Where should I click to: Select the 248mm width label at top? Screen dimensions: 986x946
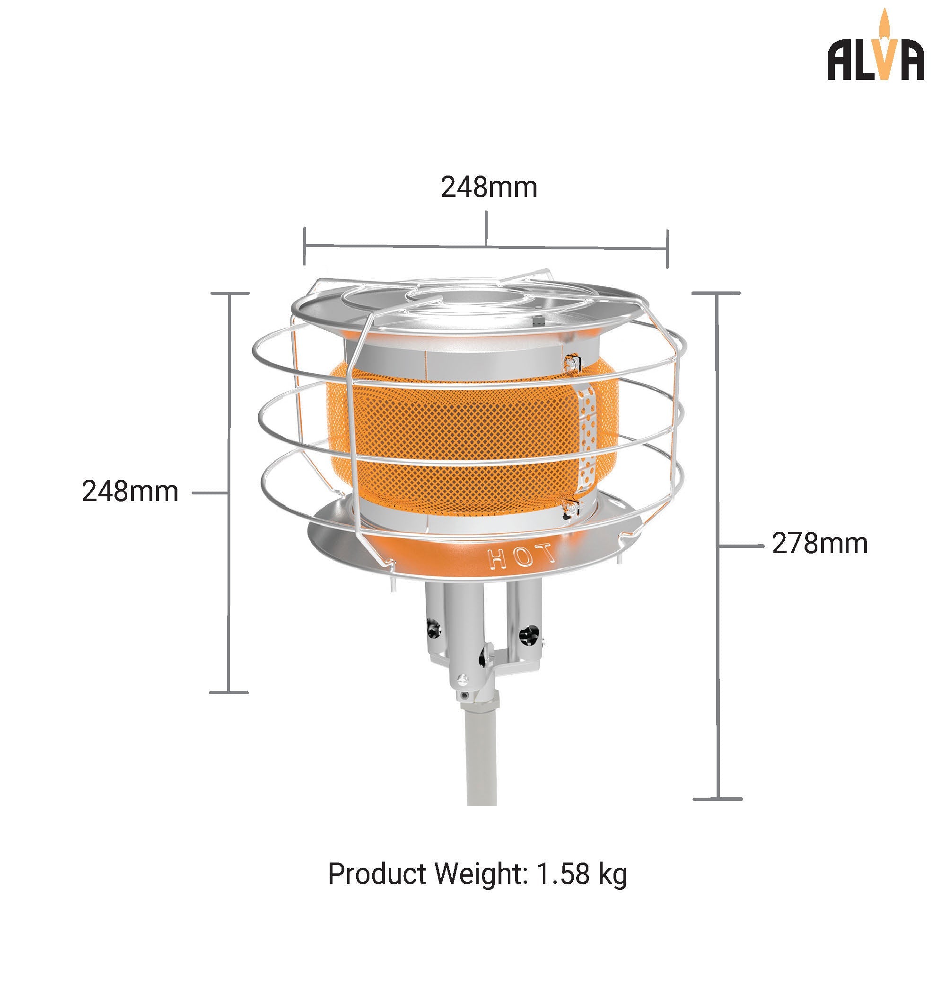(489, 188)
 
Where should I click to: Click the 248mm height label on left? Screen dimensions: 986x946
(130, 492)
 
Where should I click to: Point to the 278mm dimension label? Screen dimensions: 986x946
(819, 544)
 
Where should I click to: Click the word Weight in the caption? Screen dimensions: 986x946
(478, 874)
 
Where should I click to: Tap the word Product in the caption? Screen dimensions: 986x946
(377, 874)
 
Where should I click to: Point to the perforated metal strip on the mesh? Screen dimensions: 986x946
(586, 432)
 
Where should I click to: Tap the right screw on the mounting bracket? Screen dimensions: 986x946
(528, 635)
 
